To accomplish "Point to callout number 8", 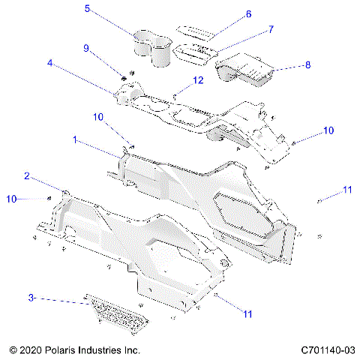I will coord(308,65).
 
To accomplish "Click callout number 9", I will coord(87,48).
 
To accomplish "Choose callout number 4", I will coord(49,64).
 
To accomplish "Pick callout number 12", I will coord(199,79).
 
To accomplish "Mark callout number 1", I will coord(75,139).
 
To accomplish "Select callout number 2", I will coord(27,176).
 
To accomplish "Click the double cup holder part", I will coord(152,46).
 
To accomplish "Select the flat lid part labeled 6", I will coord(197,30).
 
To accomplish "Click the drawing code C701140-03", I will coord(328,350).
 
